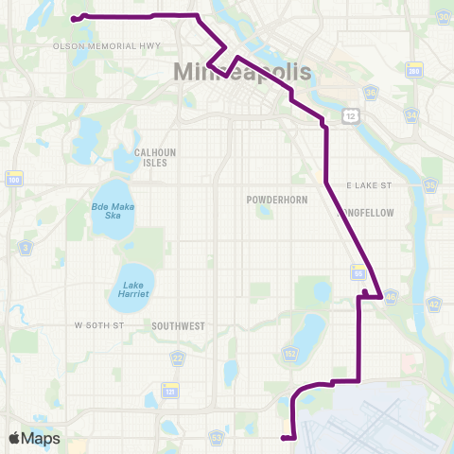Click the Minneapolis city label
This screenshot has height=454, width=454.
tap(242, 73)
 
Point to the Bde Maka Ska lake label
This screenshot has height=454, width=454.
tap(113, 210)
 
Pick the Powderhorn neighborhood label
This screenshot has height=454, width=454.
tap(273, 201)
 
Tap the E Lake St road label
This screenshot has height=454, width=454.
tap(368, 184)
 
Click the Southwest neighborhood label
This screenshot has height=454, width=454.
tap(178, 325)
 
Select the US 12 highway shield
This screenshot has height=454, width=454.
tap(352, 114)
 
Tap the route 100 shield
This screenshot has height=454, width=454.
tap(13, 179)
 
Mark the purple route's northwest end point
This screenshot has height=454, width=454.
tap(74, 18)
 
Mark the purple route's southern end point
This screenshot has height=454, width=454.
tap(284, 437)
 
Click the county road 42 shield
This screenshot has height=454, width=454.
tap(434, 304)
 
